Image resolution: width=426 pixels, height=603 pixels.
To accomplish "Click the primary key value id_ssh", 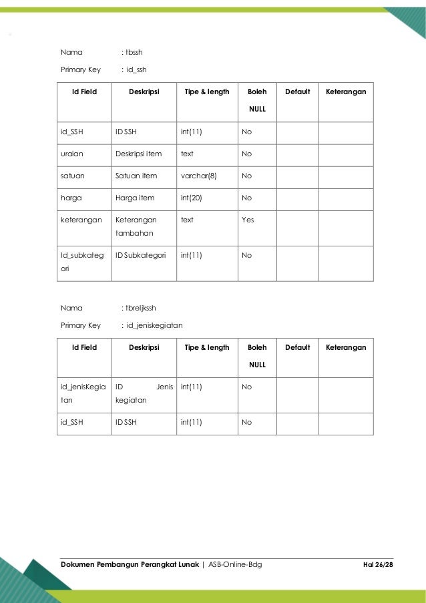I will (136, 69).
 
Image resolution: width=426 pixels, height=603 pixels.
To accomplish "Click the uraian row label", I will (70, 154).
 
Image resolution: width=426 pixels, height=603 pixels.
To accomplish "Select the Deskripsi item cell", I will (139, 154).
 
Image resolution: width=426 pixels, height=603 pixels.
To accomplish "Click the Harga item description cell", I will (134, 197).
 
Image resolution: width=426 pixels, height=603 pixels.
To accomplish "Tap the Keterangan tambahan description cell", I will (136, 225).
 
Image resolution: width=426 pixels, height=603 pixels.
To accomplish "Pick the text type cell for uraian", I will (187, 154).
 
